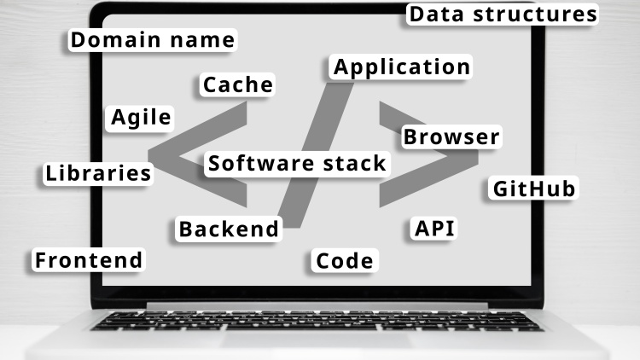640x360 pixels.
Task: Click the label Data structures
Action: [x=502, y=15]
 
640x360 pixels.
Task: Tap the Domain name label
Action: [x=153, y=40]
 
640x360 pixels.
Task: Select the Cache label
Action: [x=238, y=84]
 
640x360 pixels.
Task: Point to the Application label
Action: [x=401, y=67]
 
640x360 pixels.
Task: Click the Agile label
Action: [x=142, y=118]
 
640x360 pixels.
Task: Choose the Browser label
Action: [x=451, y=137]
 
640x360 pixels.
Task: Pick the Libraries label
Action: [x=98, y=174]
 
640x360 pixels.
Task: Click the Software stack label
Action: [x=297, y=163]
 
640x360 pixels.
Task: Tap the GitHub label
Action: [x=534, y=189]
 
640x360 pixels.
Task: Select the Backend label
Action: [x=228, y=229]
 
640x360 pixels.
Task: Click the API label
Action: [x=434, y=228]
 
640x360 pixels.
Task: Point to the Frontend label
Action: [x=89, y=260]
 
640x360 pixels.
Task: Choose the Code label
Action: [x=345, y=261]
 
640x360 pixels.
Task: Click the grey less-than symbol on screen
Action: [x=171, y=158]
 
